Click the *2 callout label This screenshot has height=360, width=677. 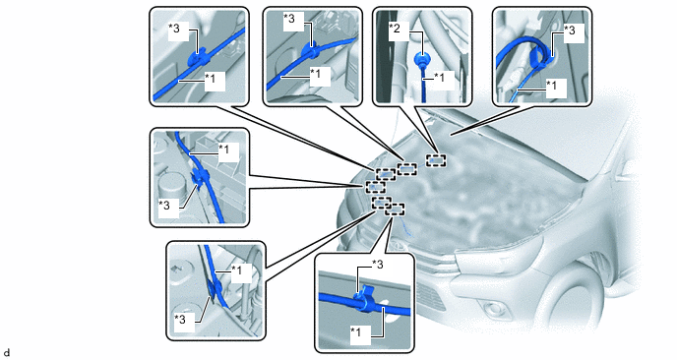(395, 29)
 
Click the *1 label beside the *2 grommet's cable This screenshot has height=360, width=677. (438, 78)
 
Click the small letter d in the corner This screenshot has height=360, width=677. (6, 353)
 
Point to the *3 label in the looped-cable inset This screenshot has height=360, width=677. (570, 30)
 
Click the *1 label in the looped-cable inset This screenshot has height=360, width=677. (551, 85)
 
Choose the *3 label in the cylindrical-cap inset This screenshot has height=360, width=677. (164, 205)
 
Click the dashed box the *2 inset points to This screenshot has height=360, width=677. (437, 160)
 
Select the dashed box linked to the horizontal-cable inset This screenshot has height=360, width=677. (395, 210)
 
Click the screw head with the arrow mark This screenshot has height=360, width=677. (177, 268)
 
